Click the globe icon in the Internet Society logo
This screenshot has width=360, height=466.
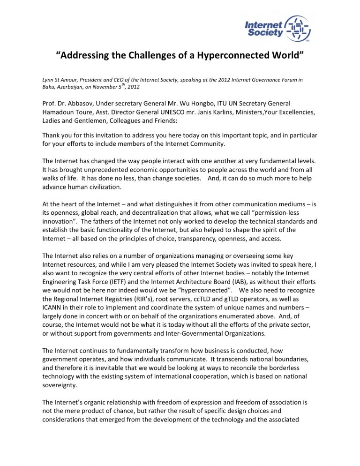point(298,28)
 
